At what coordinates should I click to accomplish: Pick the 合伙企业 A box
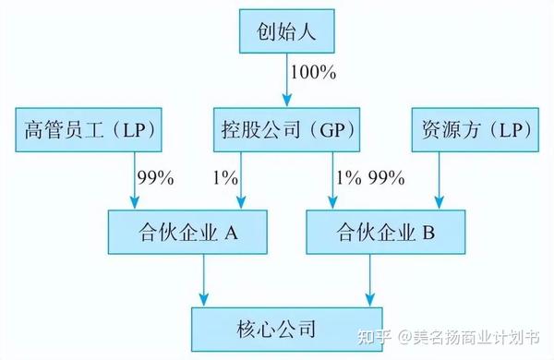pos(187,233)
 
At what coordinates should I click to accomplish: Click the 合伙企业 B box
pos(385,233)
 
